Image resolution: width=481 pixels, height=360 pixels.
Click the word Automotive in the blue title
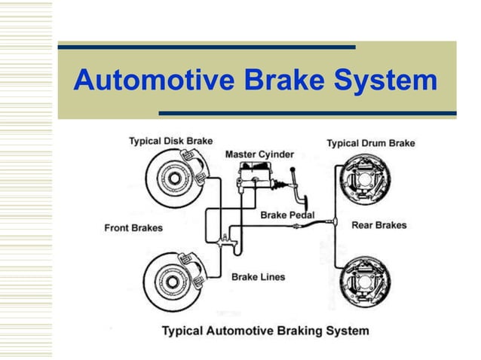point(154,80)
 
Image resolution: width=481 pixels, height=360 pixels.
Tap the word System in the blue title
point(385,81)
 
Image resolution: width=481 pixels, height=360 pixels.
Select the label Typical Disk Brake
point(171,141)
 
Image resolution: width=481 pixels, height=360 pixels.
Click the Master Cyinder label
point(259,154)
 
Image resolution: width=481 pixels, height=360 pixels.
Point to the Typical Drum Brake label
point(371,143)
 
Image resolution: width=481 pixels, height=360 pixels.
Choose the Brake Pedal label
point(287,215)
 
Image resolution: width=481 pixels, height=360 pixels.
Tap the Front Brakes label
point(133,228)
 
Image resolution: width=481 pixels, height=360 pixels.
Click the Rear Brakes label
point(379,225)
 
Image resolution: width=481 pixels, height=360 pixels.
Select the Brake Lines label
point(259,277)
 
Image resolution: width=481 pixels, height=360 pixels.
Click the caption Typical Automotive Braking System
point(265,331)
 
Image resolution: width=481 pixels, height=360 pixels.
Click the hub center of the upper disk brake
point(174,178)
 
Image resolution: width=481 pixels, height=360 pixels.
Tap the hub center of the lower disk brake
point(172,282)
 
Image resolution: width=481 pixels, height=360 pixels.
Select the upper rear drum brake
point(365,179)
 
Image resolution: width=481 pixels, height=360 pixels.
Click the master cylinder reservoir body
point(256,175)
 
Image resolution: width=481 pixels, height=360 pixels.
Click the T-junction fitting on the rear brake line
point(335,221)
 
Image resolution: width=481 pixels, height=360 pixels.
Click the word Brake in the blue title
point(284,80)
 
